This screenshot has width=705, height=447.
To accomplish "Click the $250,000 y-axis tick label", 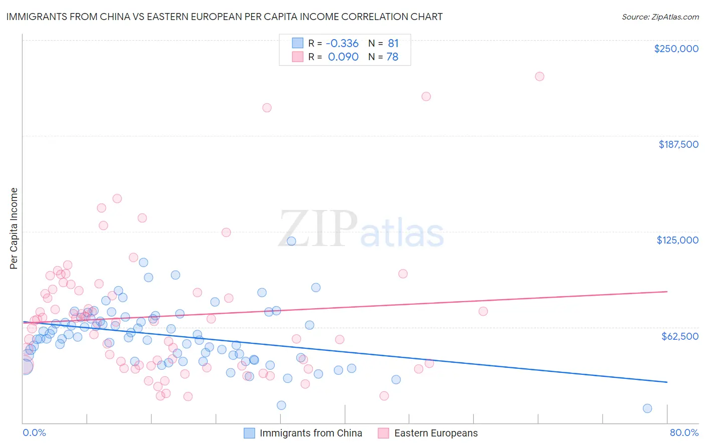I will [676, 49].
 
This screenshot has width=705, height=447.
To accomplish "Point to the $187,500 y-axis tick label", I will [678, 144].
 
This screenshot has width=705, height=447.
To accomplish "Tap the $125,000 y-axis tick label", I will [677, 240].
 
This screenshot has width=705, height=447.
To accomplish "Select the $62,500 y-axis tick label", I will [679, 336].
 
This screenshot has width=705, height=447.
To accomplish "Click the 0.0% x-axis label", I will [34, 432].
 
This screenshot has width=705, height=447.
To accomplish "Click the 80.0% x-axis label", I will [684, 432].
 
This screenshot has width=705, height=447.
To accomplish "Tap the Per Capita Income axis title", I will [14, 229].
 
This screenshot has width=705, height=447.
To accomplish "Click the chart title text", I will [224, 17].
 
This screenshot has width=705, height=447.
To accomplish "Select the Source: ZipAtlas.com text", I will [660, 17].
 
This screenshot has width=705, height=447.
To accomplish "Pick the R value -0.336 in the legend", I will [342, 44].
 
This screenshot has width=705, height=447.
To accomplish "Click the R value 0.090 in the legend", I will [343, 57].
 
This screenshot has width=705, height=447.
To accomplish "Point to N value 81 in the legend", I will [393, 44].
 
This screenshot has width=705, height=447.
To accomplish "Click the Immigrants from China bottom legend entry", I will [303, 433].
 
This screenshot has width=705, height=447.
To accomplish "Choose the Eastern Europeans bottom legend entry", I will [428, 433].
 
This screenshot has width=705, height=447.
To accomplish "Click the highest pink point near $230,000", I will [540, 76].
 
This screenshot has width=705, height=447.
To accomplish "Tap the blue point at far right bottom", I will [647, 408].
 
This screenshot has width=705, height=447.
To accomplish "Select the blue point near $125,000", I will [291, 241].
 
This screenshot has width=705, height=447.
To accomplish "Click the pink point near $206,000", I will [267, 108].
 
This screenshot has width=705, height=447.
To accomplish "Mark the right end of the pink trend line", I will [667, 291].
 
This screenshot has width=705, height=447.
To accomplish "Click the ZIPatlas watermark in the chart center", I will [361, 230].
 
